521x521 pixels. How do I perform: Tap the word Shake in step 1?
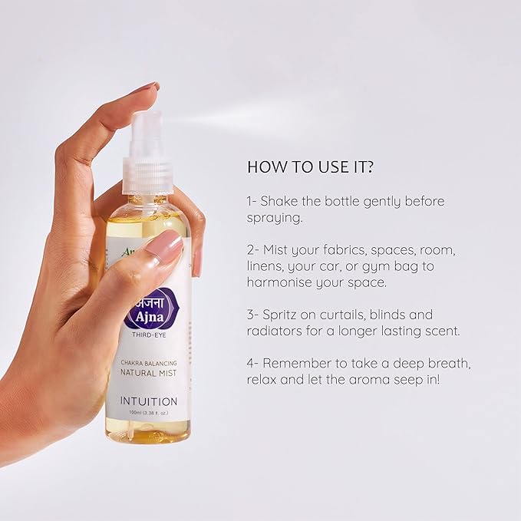click(x=279, y=201)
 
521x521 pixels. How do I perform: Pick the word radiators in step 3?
click(x=276, y=331)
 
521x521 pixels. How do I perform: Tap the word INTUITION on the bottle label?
click(x=149, y=401)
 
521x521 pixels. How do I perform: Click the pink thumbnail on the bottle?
click(x=163, y=247)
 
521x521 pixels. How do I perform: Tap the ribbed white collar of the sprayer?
click(x=147, y=175)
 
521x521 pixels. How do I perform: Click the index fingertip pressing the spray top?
click(x=147, y=88)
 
